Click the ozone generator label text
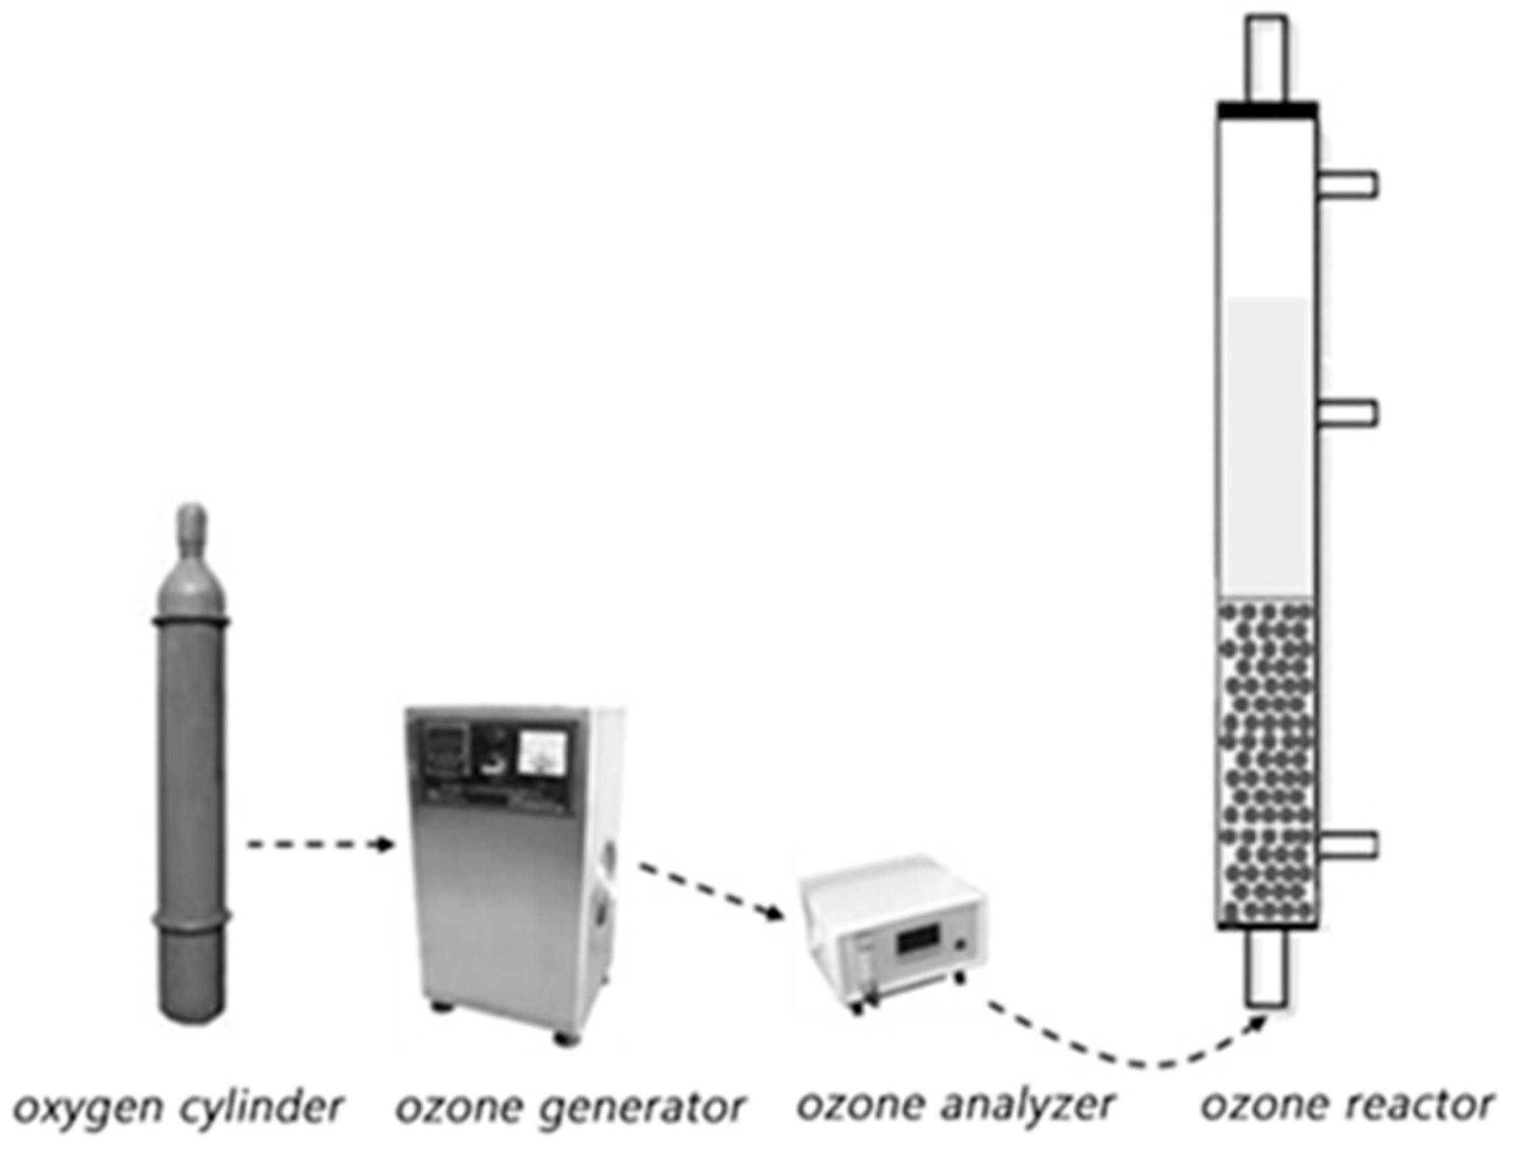click(570, 1107)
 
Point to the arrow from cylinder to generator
click(317, 845)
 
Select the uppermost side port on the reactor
click(1347, 185)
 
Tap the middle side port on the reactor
click(1347, 414)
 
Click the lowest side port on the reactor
click(1347, 844)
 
